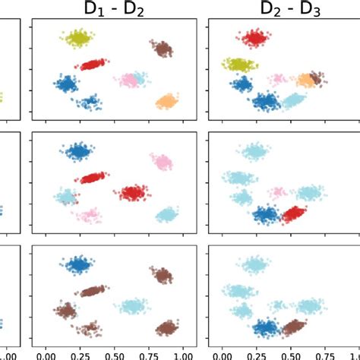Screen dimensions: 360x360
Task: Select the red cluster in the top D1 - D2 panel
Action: pyautogui.click(x=92, y=65)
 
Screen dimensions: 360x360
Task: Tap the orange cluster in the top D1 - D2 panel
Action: pyautogui.click(x=166, y=101)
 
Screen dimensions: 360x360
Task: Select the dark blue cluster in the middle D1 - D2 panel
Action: pyautogui.click(x=78, y=152)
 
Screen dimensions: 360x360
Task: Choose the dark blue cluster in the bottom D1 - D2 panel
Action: pyautogui.click(x=78, y=265)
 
